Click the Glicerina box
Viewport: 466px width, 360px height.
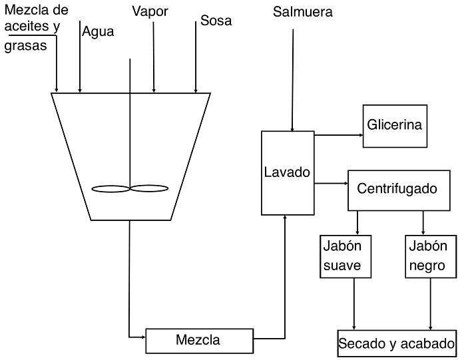(x=395, y=125)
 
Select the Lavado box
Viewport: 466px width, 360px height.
(x=287, y=172)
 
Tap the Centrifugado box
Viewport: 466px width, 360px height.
(x=397, y=189)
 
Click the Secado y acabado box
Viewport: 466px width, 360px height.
(x=397, y=343)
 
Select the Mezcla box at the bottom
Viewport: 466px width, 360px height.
(x=198, y=341)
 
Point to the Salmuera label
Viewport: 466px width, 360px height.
(x=303, y=12)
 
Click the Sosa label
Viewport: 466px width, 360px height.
(x=216, y=21)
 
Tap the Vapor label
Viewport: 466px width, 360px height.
(x=150, y=11)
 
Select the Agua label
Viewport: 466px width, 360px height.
(x=98, y=31)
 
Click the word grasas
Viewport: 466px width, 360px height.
(x=25, y=47)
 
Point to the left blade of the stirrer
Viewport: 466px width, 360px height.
(x=110, y=189)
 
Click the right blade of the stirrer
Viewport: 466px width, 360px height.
(x=150, y=189)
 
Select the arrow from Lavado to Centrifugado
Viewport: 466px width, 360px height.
(x=331, y=183)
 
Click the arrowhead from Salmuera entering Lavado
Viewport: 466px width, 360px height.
(x=290, y=128)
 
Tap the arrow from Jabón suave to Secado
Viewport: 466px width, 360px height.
(x=353, y=303)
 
